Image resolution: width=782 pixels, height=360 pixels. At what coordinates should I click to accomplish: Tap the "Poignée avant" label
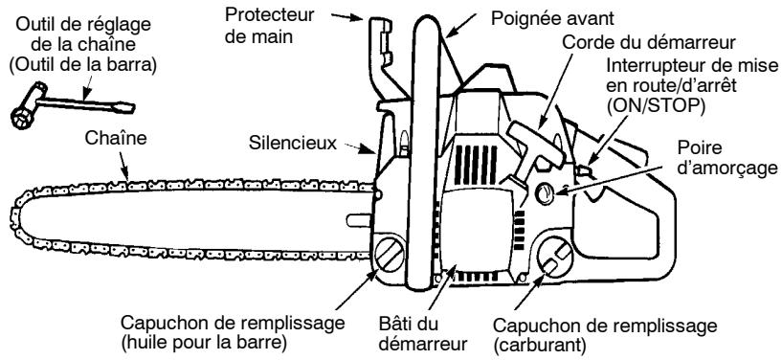[x=549, y=17]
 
